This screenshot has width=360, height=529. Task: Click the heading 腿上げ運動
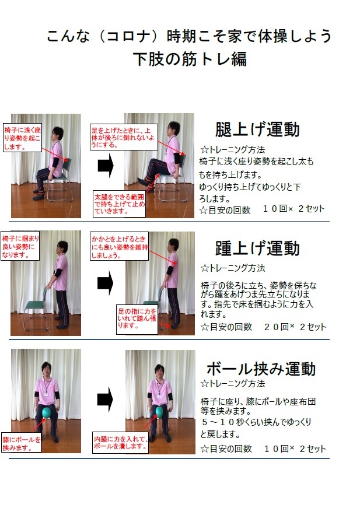click(x=257, y=129)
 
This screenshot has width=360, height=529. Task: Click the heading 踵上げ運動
click(x=257, y=248)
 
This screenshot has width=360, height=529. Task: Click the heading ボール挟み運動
click(x=261, y=368)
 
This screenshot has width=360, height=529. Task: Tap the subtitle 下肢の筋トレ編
click(x=189, y=59)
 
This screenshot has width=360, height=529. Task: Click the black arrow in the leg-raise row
click(x=105, y=166)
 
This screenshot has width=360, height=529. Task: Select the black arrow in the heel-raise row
click(x=105, y=283)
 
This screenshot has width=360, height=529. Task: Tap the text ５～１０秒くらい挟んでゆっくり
click(x=256, y=422)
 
